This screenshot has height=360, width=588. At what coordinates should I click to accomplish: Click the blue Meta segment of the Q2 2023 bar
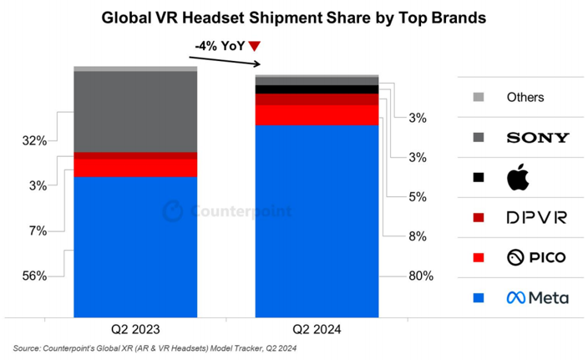click(135, 246)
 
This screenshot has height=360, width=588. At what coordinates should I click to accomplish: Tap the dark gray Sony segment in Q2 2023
click(135, 112)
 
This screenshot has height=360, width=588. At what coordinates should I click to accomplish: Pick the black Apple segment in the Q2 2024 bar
click(317, 89)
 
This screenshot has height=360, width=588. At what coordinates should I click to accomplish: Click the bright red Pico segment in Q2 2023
click(135, 168)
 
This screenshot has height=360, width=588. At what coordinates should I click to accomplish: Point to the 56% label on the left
click(33, 276)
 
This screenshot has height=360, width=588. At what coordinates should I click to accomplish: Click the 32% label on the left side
click(33, 140)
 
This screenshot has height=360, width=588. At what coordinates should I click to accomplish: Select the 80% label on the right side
click(419, 276)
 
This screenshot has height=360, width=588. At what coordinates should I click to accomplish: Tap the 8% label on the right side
click(417, 236)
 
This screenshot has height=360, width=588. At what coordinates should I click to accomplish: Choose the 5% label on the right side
click(417, 197)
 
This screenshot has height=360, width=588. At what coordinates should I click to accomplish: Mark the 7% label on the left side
click(35, 231)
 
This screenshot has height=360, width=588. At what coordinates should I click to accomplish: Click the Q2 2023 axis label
click(135, 330)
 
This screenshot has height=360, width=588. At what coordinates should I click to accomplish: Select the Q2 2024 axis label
click(317, 330)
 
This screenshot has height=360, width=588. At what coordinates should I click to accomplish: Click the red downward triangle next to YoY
click(255, 47)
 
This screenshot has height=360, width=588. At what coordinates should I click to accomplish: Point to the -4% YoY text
click(218, 47)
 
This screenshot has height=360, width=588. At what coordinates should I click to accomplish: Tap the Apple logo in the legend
click(518, 177)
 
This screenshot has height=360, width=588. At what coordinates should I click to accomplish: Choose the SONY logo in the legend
click(538, 137)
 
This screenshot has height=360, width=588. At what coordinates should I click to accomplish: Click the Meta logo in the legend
click(537, 297)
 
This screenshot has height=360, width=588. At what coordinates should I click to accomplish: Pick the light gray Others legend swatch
click(478, 97)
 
